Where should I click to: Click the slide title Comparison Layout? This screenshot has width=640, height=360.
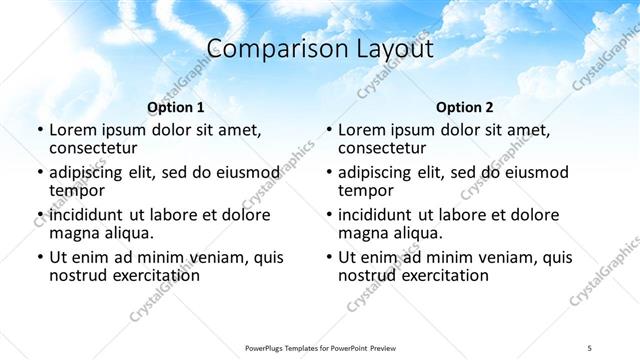pyautogui.click(x=319, y=49)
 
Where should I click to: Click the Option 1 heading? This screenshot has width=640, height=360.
pyautogui.click(x=176, y=107)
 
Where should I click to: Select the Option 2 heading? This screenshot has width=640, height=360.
pyautogui.click(x=465, y=107)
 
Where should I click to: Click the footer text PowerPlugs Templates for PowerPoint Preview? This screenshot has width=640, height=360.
pyautogui.click(x=319, y=348)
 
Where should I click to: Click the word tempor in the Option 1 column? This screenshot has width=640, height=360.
pyautogui.click(x=77, y=191)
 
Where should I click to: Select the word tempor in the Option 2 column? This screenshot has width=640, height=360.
pyautogui.click(x=366, y=191)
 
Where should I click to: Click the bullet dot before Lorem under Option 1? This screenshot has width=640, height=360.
pyautogui.click(x=39, y=131)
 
